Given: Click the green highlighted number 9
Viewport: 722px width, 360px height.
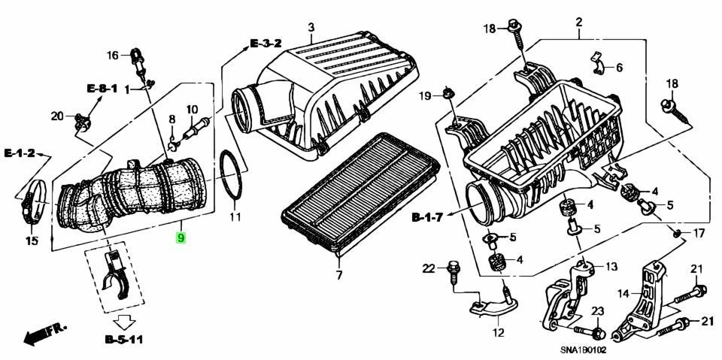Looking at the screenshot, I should (180, 238).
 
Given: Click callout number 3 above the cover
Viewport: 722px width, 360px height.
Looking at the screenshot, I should (310, 29).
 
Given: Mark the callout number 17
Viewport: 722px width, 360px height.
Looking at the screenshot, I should (698, 234).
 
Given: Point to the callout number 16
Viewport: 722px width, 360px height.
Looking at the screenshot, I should (112, 55).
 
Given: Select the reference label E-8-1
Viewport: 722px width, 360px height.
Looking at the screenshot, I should (101, 89).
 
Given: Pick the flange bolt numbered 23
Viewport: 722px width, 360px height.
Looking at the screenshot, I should (595, 331).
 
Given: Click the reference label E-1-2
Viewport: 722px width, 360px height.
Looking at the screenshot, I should (20, 153).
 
